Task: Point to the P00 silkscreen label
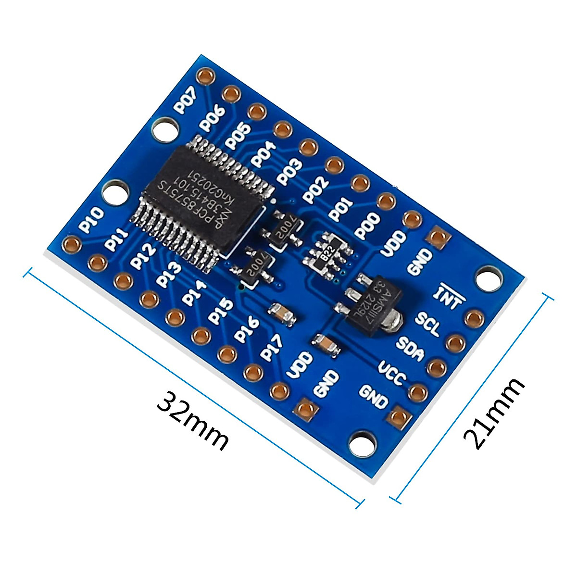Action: (x=368, y=225)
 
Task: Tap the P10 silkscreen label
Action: (x=91, y=219)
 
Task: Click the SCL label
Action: (x=427, y=325)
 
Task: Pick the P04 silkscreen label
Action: (x=264, y=154)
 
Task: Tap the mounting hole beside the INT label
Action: (x=488, y=279)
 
